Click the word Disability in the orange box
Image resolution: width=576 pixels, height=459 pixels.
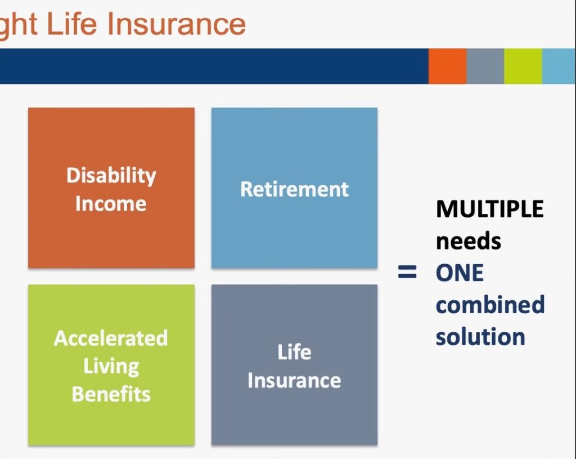pos(111,176)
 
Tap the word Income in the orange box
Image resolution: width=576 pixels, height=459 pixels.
pos(111,204)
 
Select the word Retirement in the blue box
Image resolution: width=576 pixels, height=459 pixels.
pos(294,189)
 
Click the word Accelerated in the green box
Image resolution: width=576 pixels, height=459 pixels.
pos(111,338)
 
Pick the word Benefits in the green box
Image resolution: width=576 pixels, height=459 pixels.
pos(111,394)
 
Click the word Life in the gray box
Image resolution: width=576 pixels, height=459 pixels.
pos(294,352)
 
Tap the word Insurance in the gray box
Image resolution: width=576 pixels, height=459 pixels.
pos(294,380)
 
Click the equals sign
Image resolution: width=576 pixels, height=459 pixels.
pos(407,272)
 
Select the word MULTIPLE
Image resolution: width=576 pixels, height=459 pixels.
pos(490,210)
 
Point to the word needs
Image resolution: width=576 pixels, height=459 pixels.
pos(469,242)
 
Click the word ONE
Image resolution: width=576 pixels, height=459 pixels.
pos(460,273)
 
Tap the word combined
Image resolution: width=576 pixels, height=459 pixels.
pos(490,305)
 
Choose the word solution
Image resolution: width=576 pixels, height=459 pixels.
pos(480,337)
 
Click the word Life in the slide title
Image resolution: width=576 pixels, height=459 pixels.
pos(72,24)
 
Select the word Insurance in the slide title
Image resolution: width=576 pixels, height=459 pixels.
pos(176,24)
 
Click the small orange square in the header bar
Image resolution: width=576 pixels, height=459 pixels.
pos(447,66)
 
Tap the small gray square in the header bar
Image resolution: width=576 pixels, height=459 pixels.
pos(485,66)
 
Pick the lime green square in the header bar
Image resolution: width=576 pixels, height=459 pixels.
pos(523,66)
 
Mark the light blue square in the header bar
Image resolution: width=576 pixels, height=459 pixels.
pos(559,66)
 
